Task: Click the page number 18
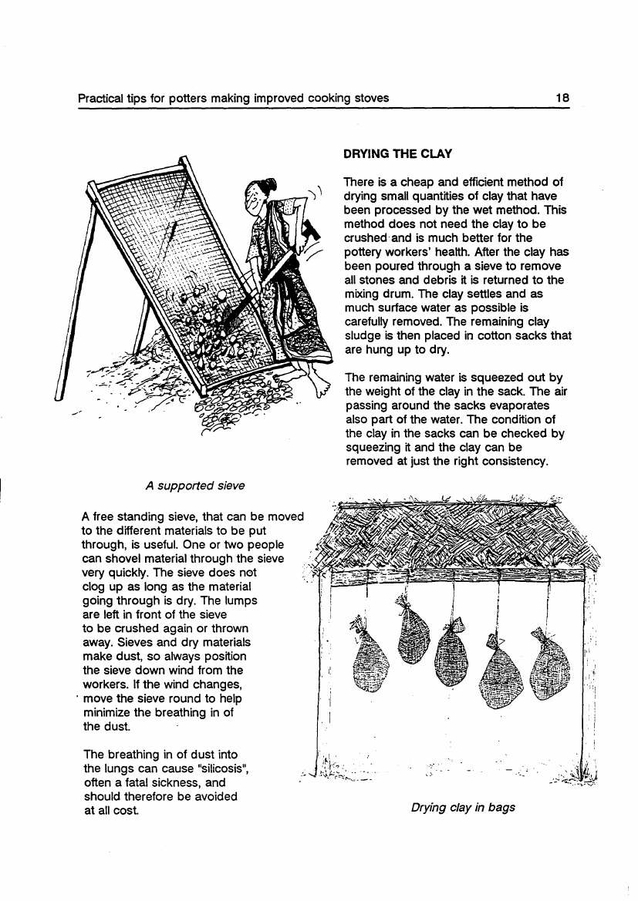pos(562,98)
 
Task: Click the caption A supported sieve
pos(195,486)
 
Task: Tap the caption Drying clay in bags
pos(463,808)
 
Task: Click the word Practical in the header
pos(100,98)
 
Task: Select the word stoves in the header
pos(370,98)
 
